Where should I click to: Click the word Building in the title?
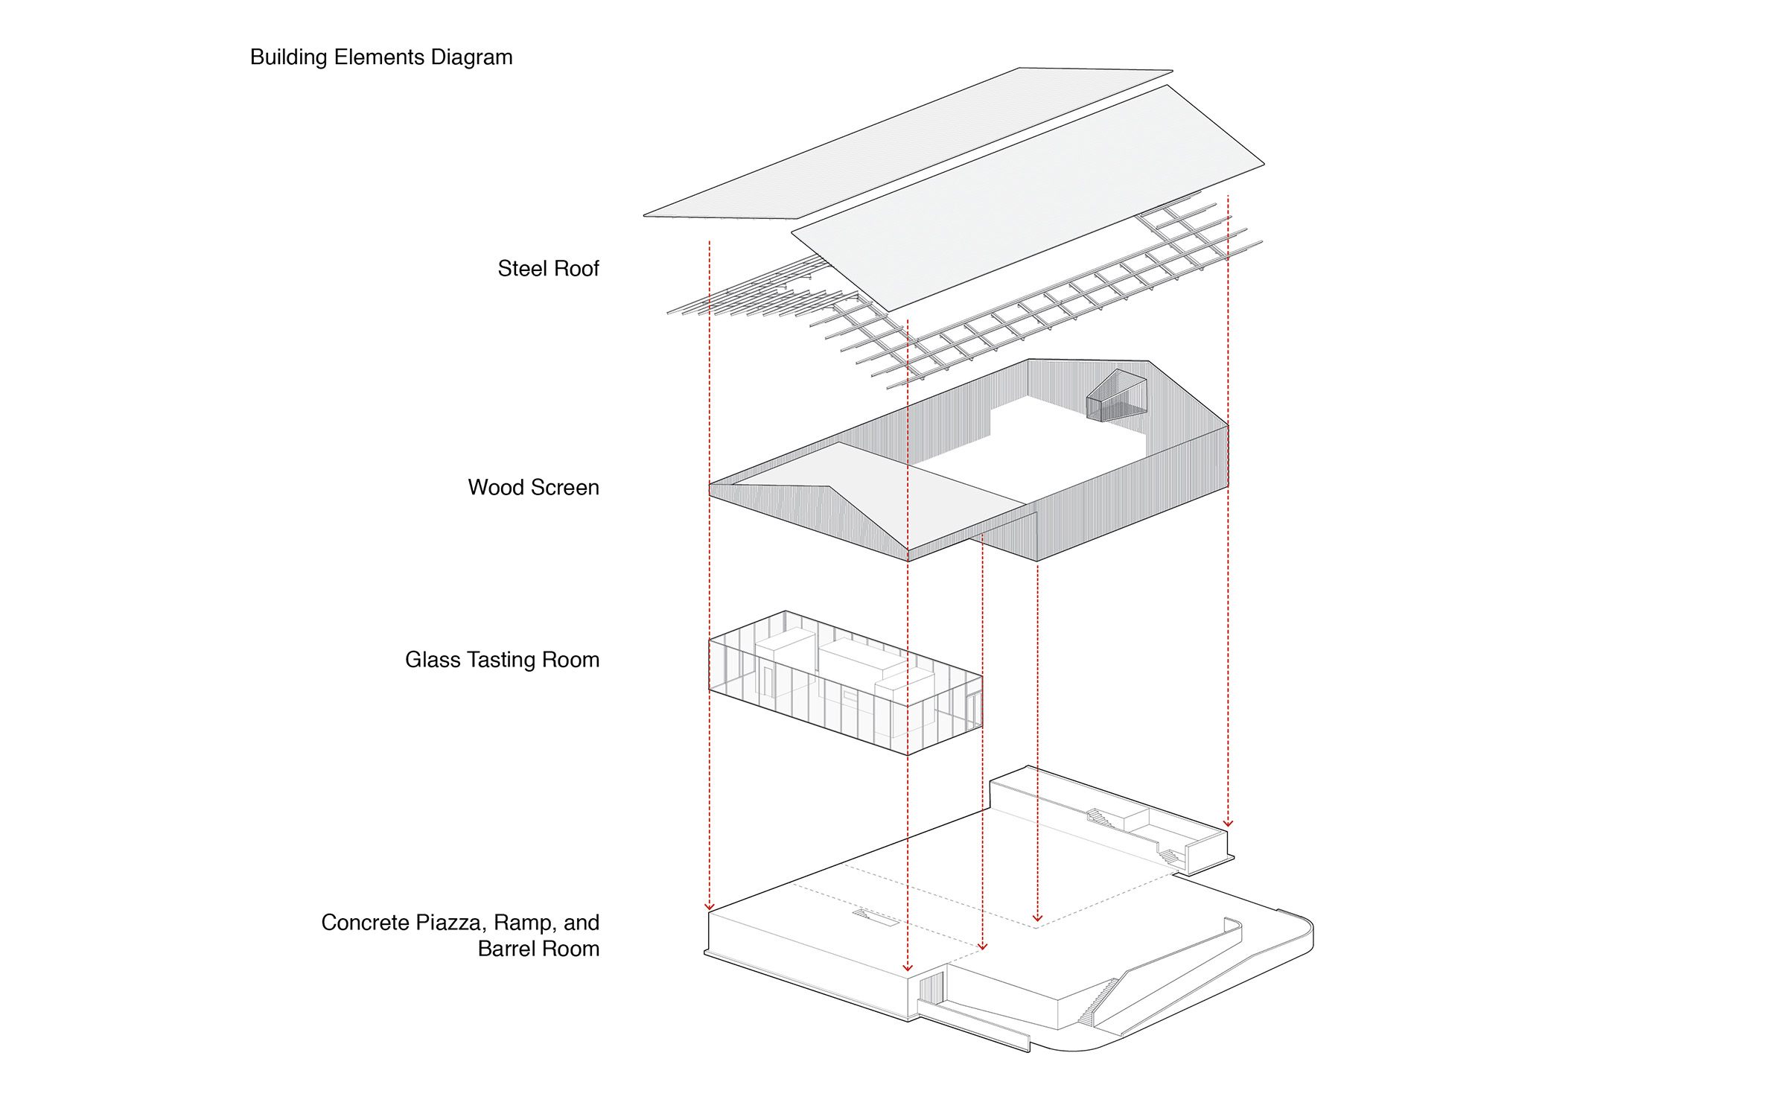pyautogui.click(x=289, y=57)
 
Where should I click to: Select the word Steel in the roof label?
pyautogui.click(x=522, y=269)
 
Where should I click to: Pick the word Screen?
pyautogui.click(x=565, y=488)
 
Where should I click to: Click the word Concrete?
pyautogui.click(x=366, y=923)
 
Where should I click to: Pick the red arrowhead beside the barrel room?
pyautogui.click(x=1228, y=823)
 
